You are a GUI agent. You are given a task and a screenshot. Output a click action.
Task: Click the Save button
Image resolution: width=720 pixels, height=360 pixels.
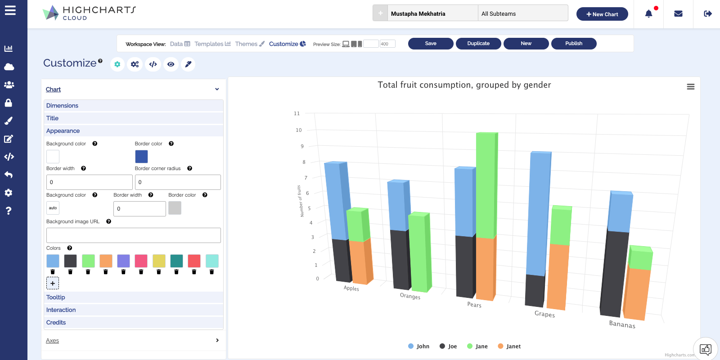pos(431,44)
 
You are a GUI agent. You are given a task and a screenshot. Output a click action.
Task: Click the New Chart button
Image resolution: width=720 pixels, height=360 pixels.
pos(602,14)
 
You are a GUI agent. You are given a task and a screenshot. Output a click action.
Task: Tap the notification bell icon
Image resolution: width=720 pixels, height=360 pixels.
pos(648,14)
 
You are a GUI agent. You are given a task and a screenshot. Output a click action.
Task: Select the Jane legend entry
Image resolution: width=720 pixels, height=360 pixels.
pos(477,346)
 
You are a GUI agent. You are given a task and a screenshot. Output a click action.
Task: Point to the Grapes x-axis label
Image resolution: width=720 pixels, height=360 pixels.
pos(544,314)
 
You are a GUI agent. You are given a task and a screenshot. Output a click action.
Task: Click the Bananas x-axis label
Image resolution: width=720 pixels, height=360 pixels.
pos(622,324)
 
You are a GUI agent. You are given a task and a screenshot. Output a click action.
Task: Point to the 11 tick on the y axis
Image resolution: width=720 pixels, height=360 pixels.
pos(297,113)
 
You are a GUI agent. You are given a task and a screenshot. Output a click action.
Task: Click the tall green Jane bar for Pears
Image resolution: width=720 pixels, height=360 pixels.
pos(486,184)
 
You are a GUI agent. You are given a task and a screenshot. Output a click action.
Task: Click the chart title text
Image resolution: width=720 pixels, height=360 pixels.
pos(464,85)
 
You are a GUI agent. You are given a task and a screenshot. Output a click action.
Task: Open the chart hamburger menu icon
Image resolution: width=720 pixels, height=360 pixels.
pos(691,87)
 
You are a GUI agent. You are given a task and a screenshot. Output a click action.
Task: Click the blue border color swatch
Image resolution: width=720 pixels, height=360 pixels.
pos(141,157)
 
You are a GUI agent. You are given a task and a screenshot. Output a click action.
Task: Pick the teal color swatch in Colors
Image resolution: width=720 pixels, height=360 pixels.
pos(176,261)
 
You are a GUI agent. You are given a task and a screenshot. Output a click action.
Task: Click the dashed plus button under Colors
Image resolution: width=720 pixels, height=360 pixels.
pos(53,283)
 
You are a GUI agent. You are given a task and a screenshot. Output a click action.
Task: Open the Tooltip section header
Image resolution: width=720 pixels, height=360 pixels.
pos(56,297)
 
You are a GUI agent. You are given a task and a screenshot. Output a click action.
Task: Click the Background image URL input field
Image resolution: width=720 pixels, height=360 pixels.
pos(133,235)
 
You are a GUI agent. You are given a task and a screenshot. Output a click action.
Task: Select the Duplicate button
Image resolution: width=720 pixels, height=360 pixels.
pos(478,44)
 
